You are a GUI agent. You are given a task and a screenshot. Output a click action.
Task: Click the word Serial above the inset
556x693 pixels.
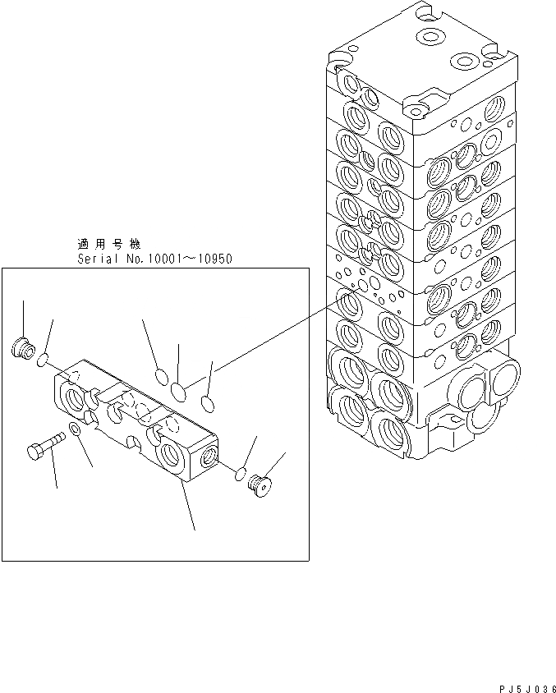[96, 259]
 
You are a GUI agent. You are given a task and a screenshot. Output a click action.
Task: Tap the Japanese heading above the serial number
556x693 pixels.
[108, 245]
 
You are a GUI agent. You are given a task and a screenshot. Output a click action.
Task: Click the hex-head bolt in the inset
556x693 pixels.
[45, 448]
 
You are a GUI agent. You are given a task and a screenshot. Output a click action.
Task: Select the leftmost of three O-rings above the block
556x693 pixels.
[162, 377]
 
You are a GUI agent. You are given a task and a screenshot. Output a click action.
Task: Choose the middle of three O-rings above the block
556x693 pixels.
[181, 387]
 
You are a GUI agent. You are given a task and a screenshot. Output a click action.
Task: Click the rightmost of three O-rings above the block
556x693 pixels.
[207, 402]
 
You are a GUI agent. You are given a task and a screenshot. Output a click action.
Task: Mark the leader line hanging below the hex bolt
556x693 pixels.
[54, 473]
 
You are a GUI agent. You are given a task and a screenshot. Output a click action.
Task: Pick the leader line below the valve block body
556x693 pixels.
[190, 505]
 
